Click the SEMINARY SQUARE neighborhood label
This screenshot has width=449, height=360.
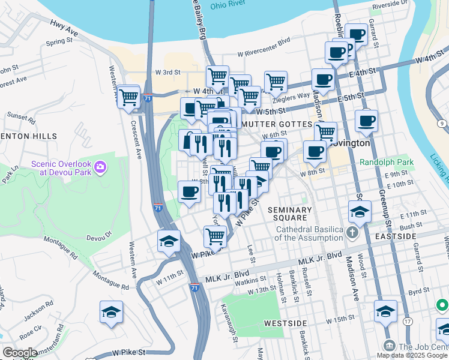(x=290, y=214)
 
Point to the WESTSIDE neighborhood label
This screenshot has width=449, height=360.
(x=282, y=323)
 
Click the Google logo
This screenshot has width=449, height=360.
(x=20, y=353)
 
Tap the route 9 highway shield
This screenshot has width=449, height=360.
(x=442, y=124)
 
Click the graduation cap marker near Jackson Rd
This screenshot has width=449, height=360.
(x=112, y=312)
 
